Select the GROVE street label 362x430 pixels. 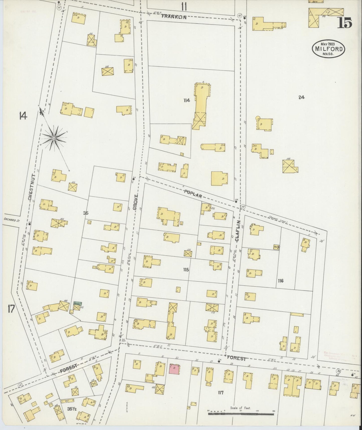(x=136, y=202)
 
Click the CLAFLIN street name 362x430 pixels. (x=237, y=231)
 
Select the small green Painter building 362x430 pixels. (x=77, y=303)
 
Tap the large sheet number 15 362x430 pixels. (x=345, y=23)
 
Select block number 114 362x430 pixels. (x=186, y=101)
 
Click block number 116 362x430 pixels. (x=280, y=281)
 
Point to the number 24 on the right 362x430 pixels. (x=301, y=97)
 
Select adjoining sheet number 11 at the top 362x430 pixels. (x=184, y=7)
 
